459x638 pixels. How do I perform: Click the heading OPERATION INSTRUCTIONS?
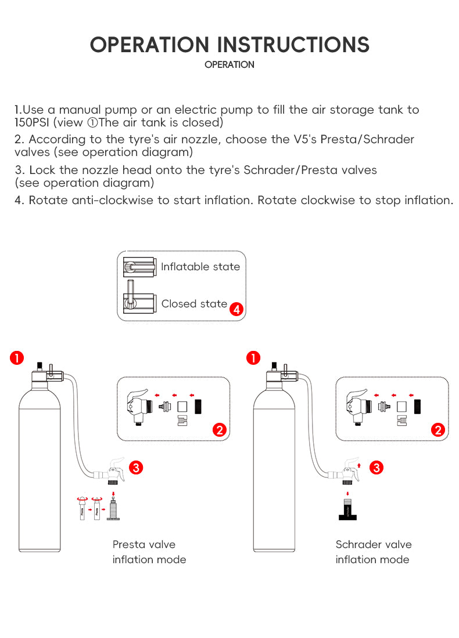tap(229, 45)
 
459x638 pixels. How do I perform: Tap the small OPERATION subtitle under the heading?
tap(229, 65)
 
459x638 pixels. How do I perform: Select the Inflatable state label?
tap(200, 267)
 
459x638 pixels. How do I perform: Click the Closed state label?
tap(194, 303)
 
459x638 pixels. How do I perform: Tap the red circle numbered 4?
tap(236, 310)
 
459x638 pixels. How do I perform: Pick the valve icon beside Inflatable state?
tap(140, 266)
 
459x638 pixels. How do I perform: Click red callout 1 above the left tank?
tap(17, 358)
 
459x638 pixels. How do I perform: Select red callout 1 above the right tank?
tap(253, 358)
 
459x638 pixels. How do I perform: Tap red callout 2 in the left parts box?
tap(220, 430)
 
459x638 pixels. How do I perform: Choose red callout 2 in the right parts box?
tap(438, 430)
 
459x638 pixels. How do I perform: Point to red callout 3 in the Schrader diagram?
tap(376, 467)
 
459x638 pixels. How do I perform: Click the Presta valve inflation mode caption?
tap(149, 552)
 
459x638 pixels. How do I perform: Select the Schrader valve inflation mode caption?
tap(373, 552)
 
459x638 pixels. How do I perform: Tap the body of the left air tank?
tap(40, 464)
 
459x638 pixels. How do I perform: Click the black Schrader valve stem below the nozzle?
tap(347, 509)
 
